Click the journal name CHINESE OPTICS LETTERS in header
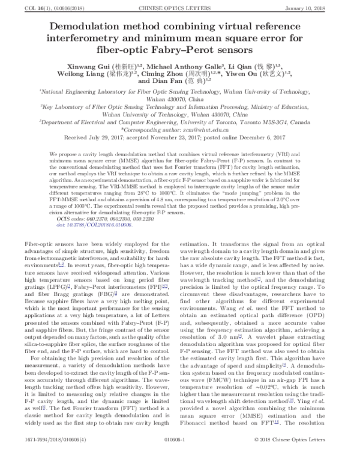(x=179, y=8)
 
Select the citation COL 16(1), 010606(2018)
(x=41, y=8)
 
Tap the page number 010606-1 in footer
(x=179, y=458)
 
